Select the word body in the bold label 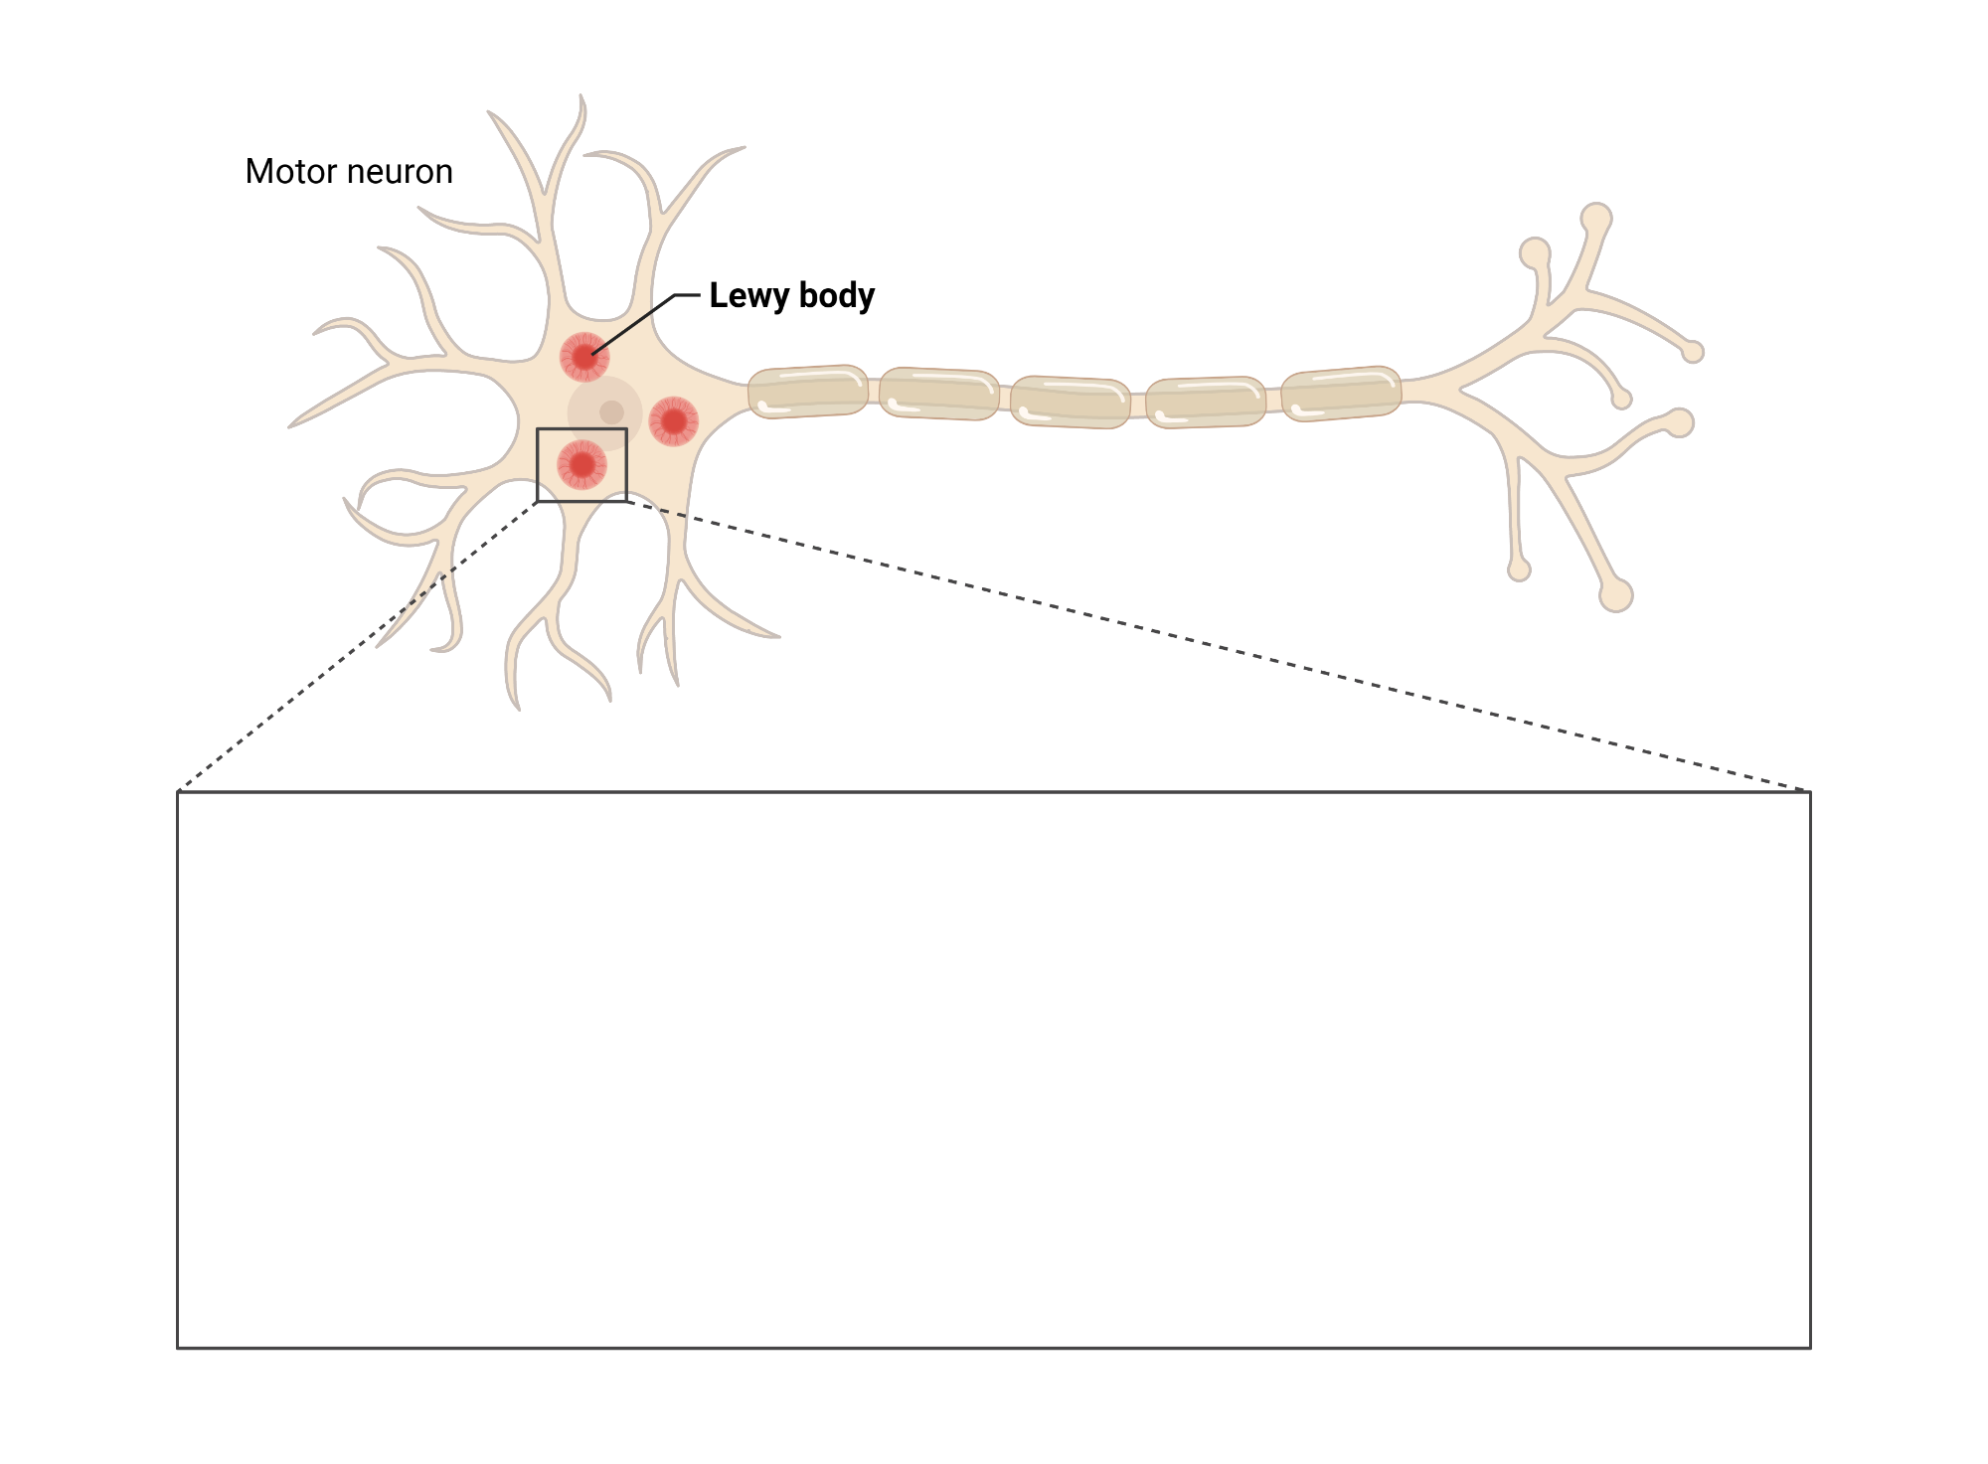coord(837,295)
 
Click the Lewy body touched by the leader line coord(584,357)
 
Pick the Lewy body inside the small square coord(581,465)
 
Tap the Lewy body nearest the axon coord(674,421)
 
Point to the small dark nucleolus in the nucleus coord(611,411)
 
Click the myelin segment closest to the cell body coord(807,392)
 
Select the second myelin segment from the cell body coord(938,394)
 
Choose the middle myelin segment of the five coord(1070,402)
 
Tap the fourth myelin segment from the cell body coord(1205,402)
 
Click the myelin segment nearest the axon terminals coord(1340,393)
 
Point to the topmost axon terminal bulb coord(1596,218)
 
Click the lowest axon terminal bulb coord(1616,595)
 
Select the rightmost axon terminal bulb coord(1693,352)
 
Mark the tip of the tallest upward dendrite coord(581,99)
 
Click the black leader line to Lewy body coord(636,322)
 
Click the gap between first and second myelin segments coord(874,393)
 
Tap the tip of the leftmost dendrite coord(293,425)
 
